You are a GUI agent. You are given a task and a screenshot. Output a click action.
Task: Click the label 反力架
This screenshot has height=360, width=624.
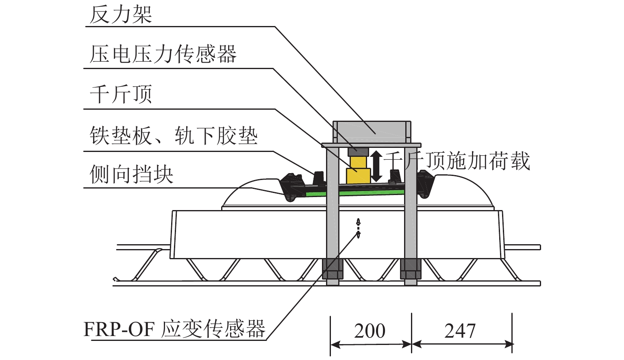[x=120, y=15]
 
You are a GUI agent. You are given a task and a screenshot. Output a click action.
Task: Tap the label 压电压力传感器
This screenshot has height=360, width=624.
[x=163, y=54]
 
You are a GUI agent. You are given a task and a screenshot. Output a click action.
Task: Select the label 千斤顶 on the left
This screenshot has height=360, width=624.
[x=120, y=95]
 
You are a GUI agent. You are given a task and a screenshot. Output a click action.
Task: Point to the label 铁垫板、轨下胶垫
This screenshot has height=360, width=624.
[x=174, y=136]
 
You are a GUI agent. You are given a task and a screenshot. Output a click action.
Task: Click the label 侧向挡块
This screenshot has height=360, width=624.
[x=131, y=175]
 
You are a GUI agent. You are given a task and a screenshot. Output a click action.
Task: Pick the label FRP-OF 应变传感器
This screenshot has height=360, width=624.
[x=174, y=329]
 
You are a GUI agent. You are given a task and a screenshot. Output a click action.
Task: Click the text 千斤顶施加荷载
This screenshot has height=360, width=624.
[x=457, y=161]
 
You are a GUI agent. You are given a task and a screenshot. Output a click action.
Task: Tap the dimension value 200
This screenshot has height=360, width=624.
[x=370, y=331]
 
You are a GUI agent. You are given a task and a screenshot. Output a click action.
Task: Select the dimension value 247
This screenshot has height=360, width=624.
[x=460, y=331]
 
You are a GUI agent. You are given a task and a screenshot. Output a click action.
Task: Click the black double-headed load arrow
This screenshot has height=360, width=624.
[x=377, y=166]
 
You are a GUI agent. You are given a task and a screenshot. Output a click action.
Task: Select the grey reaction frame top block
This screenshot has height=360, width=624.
[x=371, y=131]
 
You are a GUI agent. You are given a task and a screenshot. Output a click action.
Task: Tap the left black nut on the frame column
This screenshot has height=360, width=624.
[x=333, y=269]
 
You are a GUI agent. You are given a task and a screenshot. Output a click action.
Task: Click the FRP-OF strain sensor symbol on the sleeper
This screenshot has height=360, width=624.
[x=358, y=228]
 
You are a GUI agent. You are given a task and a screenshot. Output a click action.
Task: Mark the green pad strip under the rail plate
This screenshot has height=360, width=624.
[x=366, y=193]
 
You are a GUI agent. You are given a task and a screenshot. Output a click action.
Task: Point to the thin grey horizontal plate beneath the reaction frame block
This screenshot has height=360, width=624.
[x=371, y=145]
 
